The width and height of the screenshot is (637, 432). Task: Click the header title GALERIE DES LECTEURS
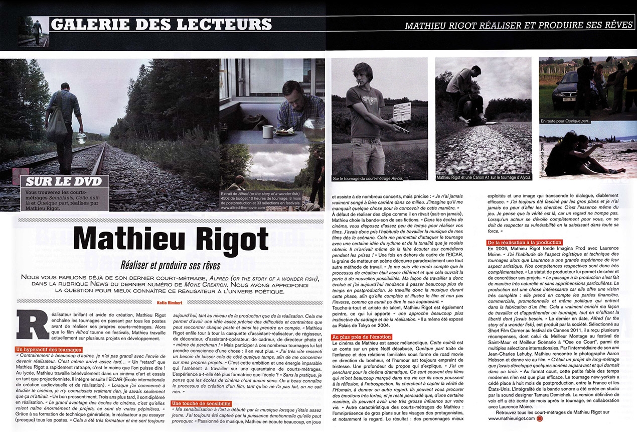point(162,24)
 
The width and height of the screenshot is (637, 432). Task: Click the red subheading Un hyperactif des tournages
point(49,349)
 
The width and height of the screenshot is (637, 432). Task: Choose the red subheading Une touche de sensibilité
point(201,403)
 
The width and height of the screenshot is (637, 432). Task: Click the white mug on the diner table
point(268,132)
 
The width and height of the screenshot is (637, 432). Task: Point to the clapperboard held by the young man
point(401,112)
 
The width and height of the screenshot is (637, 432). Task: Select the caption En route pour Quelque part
point(566,121)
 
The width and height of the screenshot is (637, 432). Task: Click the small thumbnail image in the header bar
point(32,32)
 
